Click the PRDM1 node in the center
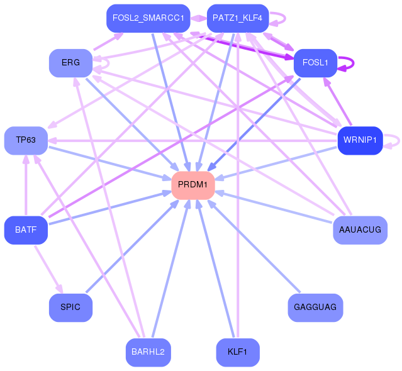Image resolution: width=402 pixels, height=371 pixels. coord(193,185)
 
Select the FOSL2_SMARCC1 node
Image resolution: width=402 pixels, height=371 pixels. coord(148,18)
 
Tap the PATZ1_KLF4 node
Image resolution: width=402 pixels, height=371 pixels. coord(238,18)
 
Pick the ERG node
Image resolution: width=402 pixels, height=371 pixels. coord(70,63)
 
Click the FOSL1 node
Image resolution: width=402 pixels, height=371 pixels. coord(315,63)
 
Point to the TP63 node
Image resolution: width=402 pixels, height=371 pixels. coord(26,140)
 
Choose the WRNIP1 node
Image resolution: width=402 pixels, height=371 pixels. coord(360,140)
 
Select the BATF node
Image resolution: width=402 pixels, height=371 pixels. coord(26,230)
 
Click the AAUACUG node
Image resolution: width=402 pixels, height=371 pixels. coord(360,230)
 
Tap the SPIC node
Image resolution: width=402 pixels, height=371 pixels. coord(70,307)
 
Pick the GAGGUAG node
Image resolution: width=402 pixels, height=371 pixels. coord(315,307)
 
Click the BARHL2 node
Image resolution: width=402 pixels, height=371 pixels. coord(148,352)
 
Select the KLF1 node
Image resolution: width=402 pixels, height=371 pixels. coord(238,352)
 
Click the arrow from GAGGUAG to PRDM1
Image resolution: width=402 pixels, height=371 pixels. coord(254,246)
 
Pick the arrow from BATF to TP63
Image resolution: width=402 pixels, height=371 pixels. coord(26,185)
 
